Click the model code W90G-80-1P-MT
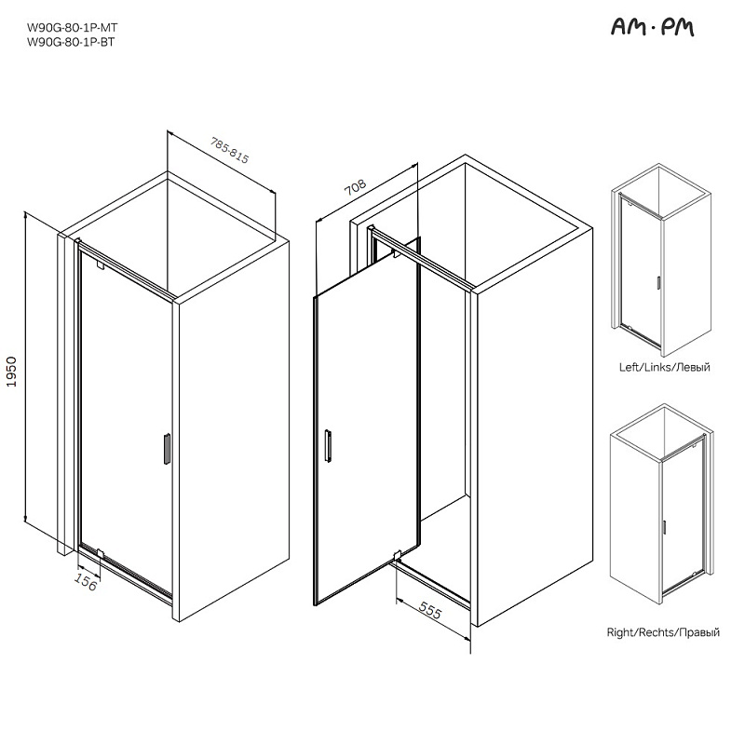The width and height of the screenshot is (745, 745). click(73, 28)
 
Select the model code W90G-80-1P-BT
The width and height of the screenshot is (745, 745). click(71, 42)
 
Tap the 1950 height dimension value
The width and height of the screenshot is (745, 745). click(11, 372)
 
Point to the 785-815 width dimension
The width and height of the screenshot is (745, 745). click(230, 150)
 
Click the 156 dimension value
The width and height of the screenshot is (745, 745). click(86, 582)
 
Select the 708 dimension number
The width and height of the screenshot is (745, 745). click(356, 187)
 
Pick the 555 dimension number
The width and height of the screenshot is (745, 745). click(430, 610)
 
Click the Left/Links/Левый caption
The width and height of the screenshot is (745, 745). click(664, 367)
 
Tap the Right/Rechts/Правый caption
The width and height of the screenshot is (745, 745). click(663, 632)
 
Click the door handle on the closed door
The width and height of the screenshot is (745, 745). click(167, 449)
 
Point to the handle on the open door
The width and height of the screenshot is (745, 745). click(328, 445)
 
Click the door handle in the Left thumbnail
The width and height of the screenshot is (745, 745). click(658, 282)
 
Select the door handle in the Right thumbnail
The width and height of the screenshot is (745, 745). click(664, 527)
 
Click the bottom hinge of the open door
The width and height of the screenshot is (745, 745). click(398, 555)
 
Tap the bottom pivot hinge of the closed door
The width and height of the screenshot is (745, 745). click(101, 553)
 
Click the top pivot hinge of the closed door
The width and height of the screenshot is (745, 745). click(100, 265)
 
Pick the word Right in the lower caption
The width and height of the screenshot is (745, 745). click(621, 632)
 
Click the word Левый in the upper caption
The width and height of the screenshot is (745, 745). click(693, 367)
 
